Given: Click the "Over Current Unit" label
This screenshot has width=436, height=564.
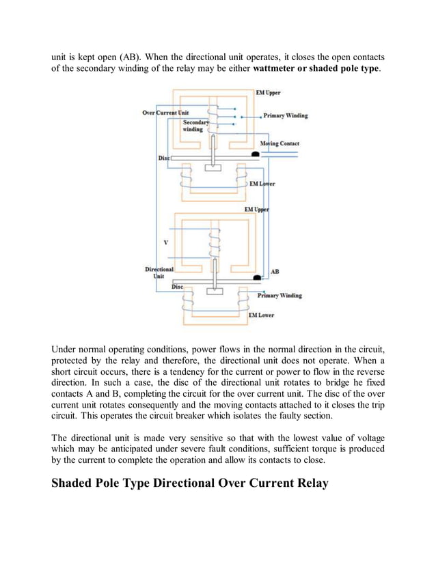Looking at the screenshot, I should [x=165, y=112].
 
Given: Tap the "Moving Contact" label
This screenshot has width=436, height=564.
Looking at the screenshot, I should [x=280, y=143].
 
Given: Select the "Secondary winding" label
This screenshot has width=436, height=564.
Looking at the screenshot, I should [x=196, y=126].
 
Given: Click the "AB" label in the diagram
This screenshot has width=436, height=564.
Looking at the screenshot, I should [x=275, y=271].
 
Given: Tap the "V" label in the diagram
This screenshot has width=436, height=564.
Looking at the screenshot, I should [x=165, y=242].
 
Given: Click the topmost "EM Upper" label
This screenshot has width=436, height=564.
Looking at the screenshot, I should [x=267, y=92].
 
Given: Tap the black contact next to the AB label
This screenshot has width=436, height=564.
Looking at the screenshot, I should [x=257, y=278].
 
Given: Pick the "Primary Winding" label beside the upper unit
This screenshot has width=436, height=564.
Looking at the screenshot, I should [x=285, y=115].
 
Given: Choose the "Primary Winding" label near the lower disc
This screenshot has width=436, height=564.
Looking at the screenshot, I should [x=279, y=296].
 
